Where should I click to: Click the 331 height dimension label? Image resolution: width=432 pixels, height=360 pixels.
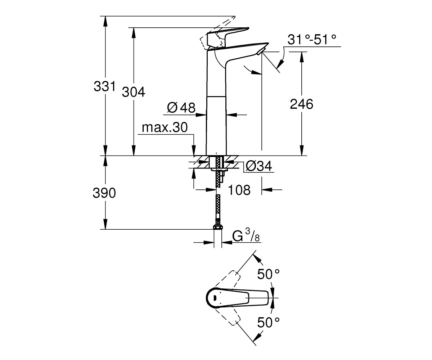coord(104,86)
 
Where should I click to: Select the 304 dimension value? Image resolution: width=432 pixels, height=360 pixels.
coord(134,92)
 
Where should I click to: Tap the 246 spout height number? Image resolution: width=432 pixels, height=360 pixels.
coord(301,104)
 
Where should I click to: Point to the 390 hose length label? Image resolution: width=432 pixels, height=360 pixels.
coord(104,193)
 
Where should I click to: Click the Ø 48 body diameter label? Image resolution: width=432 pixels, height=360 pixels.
coord(181,108)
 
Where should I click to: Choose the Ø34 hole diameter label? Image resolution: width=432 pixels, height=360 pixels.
coord(259,166)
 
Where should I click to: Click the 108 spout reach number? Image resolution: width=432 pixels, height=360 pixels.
coord(239,190)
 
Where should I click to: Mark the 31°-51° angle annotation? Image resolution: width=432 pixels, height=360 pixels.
coord(312,39)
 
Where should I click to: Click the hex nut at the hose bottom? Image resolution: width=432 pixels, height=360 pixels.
coord(218,227)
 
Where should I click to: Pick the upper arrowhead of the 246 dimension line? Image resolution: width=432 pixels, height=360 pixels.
coord(302,57)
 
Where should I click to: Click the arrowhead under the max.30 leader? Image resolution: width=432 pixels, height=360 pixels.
coord(194,150)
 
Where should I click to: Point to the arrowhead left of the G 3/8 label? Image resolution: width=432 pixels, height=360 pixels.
coord(208,242)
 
